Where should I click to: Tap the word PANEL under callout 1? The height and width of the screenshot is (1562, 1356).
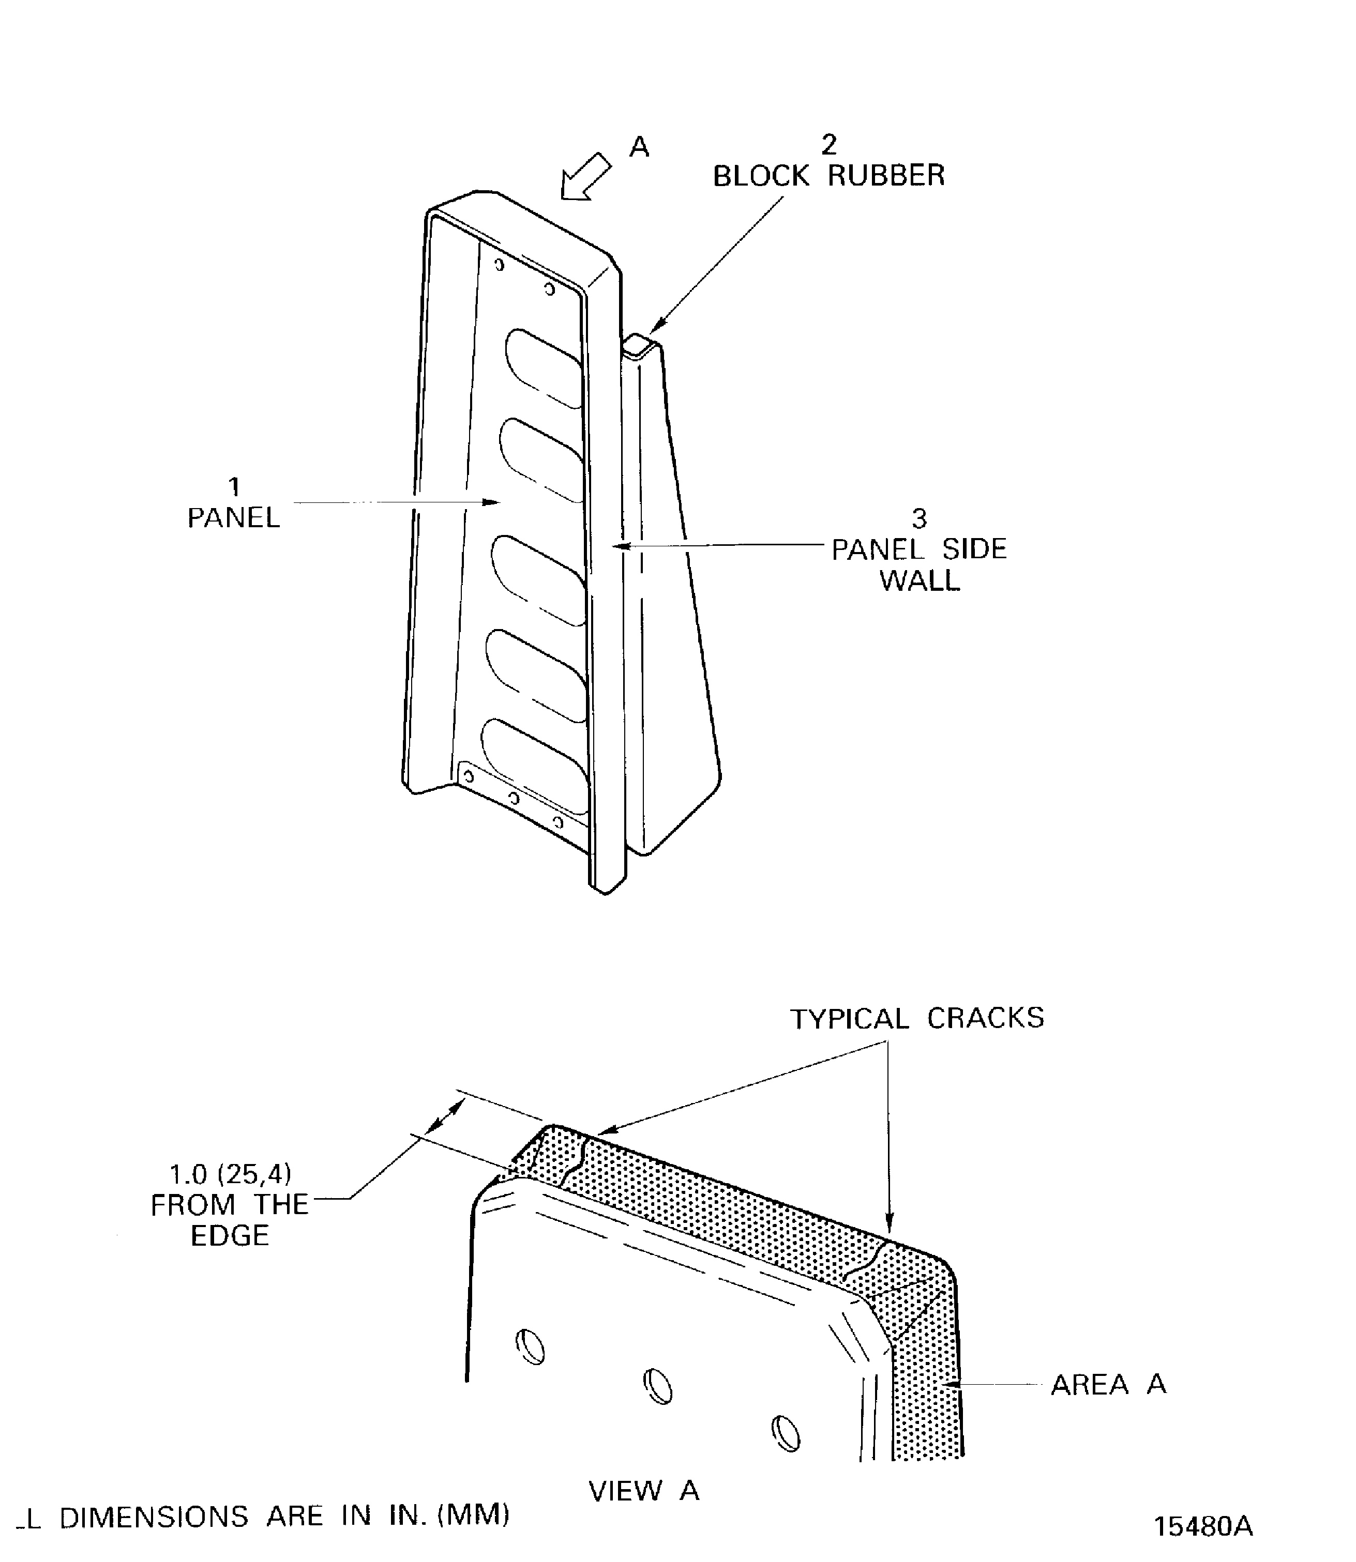pyautogui.click(x=233, y=518)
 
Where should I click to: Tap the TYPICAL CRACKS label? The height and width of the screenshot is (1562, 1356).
pyautogui.click(x=916, y=1019)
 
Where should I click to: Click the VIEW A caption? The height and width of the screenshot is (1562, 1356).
pyautogui.click(x=643, y=1490)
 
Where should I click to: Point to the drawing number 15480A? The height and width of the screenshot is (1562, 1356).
pyautogui.click(x=1202, y=1526)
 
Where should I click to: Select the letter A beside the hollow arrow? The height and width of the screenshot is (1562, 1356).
pyautogui.click(x=639, y=147)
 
